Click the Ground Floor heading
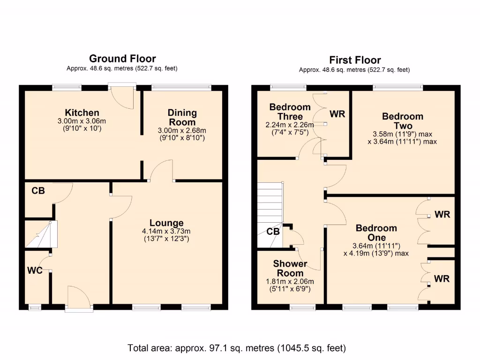click(122, 59)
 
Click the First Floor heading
click(355, 60)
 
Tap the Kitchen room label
click(82, 112)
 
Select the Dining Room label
click(182, 117)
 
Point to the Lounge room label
click(166, 223)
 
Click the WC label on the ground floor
click(35, 270)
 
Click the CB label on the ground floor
click(38, 191)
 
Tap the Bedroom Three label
click(290, 112)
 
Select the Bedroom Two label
click(403, 121)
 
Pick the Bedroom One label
click(376, 233)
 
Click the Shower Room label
click(290, 269)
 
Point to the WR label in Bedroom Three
click(337, 114)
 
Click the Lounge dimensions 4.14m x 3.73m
click(166, 232)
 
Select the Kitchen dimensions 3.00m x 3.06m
click(82, 121)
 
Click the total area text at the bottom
click(237, 348)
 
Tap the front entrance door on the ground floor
click(79, 299)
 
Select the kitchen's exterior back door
click(122, 96)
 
